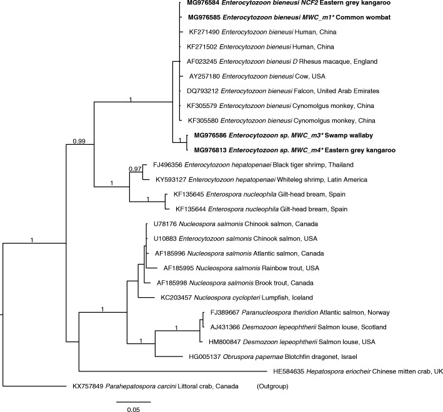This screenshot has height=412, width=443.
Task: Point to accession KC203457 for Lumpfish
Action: click(x=182, y=297)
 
